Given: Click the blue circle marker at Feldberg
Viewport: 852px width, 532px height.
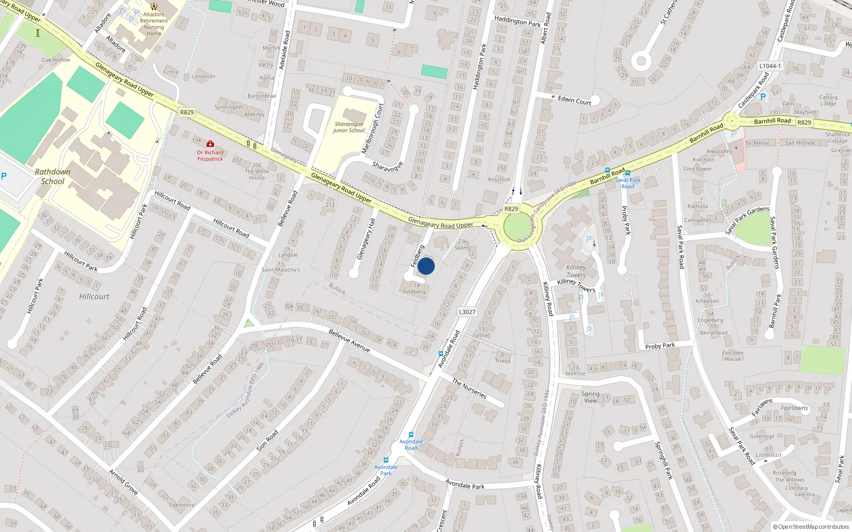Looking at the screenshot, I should (x=426, y=266).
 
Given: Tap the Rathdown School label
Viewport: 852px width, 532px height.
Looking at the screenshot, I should (x=53, y=177).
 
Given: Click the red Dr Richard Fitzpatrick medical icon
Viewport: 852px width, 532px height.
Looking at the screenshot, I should (x=210, y=144).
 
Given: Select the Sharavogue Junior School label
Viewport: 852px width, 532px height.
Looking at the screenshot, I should (x=349, y=127).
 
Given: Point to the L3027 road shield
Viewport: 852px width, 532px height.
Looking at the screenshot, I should (x=467, y=312).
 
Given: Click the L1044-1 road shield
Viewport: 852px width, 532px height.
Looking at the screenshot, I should (x=770, y=66).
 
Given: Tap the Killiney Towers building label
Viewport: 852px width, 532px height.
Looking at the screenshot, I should (x=576, y=271).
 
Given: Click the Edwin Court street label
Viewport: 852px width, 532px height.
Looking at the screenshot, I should (x=575, y=100).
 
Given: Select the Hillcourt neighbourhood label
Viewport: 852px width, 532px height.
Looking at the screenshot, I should (x=94, y=296).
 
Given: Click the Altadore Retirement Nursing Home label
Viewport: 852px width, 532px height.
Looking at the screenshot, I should (x=154, y=24).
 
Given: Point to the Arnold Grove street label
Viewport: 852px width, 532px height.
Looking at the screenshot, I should (x=124, y=481).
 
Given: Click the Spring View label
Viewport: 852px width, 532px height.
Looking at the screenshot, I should (x=591, y=397).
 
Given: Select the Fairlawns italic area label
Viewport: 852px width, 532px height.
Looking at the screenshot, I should (x=794, y=408).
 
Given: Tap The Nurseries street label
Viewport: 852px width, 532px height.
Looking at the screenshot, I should (x=469, y=388).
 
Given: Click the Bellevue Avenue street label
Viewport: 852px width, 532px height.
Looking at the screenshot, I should (x=349, y=340).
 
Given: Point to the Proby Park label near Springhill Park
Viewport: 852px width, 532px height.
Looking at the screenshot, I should (x=660, y=346).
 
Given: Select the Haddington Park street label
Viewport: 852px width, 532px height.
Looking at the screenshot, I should (x=480, y=66).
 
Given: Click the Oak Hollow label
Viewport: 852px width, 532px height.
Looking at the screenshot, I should (x=56, y=60).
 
